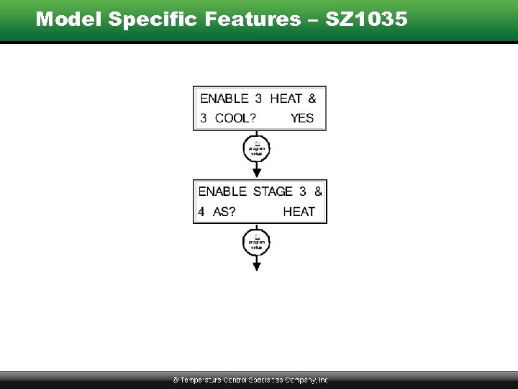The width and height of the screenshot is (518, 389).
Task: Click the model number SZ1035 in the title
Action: coord(367,19)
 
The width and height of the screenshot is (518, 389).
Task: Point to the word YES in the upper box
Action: coord(302,118)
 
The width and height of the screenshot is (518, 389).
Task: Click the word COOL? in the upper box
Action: coord(237,118)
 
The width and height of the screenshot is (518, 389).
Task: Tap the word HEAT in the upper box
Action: coord(286,99)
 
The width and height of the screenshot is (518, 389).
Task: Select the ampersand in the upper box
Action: coord(312,99)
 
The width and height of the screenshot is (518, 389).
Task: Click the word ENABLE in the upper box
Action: coord(224,99)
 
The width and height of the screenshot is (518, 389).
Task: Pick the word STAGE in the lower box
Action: coord(273,192)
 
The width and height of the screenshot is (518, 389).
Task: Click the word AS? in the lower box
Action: coord(225,212)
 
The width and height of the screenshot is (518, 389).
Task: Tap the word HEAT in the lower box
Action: coord(299,212)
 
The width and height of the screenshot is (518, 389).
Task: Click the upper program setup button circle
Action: coord(257,148)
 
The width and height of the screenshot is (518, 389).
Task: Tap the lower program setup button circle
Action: coord(257,242)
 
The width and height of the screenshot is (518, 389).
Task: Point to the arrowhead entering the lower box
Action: coord(257,173)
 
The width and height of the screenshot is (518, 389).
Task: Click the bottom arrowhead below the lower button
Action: coord(257,266)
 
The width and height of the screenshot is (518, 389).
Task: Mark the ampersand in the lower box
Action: coord(318,192)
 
